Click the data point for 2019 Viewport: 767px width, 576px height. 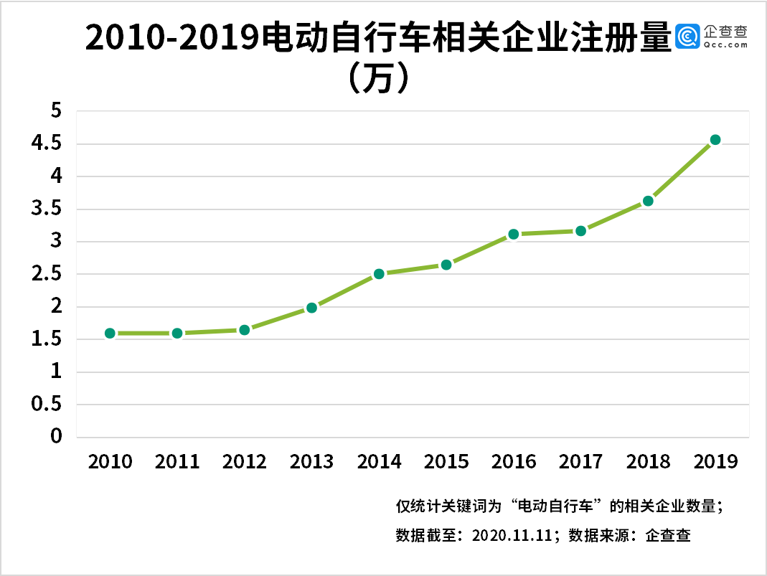click(x=715, y=140)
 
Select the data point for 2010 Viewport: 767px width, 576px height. click(x=110, y=333)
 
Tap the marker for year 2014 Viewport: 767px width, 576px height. click(x=379, y=273)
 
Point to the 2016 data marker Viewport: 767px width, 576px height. click(x=514, y=234)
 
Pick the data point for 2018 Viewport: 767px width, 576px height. click(x=648, y=201)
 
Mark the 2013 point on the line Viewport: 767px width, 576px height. click(x=311, y=308)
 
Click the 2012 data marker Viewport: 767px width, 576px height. click(x=244, y=330)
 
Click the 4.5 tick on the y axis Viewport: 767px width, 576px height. click(x=47, y=144)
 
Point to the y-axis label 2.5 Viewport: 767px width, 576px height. click(x=47, y=275)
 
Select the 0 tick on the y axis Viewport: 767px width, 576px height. click(x=56, y=437)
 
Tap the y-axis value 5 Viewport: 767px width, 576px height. click(x=56, y=111)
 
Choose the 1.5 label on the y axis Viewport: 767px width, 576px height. click(x=47, y=340)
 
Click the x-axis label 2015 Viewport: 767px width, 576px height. click(x=446, y=461)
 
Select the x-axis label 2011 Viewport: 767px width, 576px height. click(x=177, y=461)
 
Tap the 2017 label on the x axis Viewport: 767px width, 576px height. click(x=580, y=461)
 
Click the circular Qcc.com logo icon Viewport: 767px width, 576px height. click(x=688, y=36)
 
